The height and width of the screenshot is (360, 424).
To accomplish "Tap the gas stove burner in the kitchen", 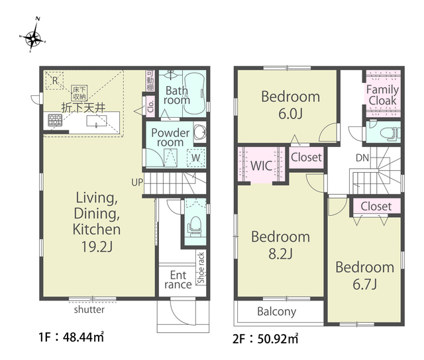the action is pos(55,120).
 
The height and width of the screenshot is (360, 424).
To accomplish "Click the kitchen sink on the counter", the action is pos(96,121).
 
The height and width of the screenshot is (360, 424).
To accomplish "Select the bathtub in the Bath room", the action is pos(195,94).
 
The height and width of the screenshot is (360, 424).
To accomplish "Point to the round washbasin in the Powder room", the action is pos(199,132).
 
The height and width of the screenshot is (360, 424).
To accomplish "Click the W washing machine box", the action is pos(196,157).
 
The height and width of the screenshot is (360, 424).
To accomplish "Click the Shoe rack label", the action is pos(201,267).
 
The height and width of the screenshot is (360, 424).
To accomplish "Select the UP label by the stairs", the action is pos(137,183).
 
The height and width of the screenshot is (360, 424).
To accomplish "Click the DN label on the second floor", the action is pos(362,157).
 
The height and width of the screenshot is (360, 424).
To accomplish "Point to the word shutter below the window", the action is pos(89,310).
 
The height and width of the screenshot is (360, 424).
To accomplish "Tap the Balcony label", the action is pos(277,312).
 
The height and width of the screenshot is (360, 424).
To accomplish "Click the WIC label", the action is pos(261,166).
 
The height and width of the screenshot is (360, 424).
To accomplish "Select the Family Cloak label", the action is pos(382,95).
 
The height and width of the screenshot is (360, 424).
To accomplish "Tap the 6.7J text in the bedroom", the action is pos(364,285).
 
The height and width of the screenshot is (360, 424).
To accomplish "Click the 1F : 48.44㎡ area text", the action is pos(71,337).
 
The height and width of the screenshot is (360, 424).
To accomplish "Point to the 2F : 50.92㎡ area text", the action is pos(265,338).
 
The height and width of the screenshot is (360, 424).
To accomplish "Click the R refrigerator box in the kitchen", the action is pos(54,80).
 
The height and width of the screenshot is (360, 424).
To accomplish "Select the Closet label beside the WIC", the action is pos(306,157).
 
